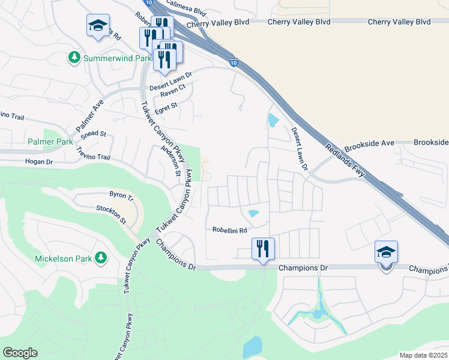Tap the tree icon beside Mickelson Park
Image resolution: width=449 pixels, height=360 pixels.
101,257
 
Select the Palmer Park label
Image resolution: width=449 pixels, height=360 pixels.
50,142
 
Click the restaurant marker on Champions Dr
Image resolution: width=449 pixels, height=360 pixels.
262,248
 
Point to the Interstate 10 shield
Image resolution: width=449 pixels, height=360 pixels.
234,62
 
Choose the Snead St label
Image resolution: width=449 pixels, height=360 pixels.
94,134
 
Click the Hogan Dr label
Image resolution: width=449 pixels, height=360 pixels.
38,161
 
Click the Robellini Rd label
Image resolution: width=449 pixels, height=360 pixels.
230,230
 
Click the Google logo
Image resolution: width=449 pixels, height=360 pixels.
20,353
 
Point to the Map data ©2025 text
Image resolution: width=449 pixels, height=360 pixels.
423,355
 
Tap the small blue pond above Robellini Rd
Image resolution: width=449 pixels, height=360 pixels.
253,213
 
